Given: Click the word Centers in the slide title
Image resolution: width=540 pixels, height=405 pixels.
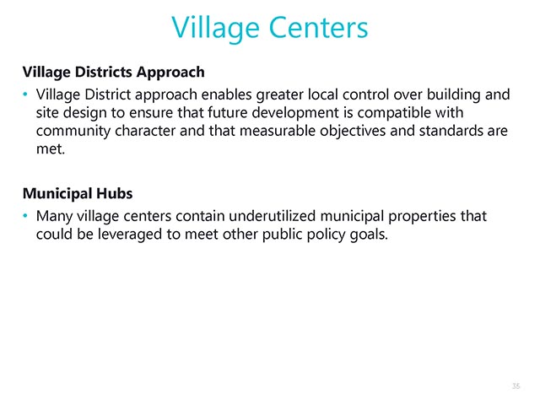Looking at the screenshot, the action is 319,28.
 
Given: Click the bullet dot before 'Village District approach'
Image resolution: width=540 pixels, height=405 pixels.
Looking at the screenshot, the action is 25,94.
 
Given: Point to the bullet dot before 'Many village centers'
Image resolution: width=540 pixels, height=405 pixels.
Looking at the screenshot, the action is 25,216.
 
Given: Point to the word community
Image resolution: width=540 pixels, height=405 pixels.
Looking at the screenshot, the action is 73,132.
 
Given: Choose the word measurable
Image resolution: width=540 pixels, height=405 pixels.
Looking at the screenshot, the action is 278,131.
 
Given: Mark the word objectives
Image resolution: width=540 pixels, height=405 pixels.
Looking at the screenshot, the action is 353,132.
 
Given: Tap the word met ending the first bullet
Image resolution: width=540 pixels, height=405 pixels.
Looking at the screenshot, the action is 51,149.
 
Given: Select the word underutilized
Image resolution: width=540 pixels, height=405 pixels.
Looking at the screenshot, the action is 272,216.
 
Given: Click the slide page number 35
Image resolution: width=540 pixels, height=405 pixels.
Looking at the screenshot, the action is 516,386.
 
